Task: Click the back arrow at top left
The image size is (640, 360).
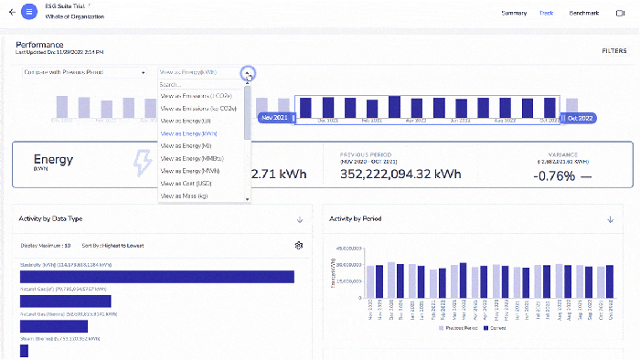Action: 12,13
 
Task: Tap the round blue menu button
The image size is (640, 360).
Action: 29,13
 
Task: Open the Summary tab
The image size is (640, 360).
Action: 513,13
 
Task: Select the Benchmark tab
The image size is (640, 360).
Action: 583,13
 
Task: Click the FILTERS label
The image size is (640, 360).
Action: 613,51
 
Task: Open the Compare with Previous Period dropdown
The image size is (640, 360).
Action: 84,72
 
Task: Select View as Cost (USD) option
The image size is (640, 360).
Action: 187,183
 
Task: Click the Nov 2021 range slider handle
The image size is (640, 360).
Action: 275,118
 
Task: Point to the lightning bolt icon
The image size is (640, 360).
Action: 144,164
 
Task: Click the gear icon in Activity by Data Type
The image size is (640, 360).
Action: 298,245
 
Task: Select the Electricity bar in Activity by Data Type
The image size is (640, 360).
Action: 156,277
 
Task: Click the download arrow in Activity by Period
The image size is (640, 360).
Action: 610,219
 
